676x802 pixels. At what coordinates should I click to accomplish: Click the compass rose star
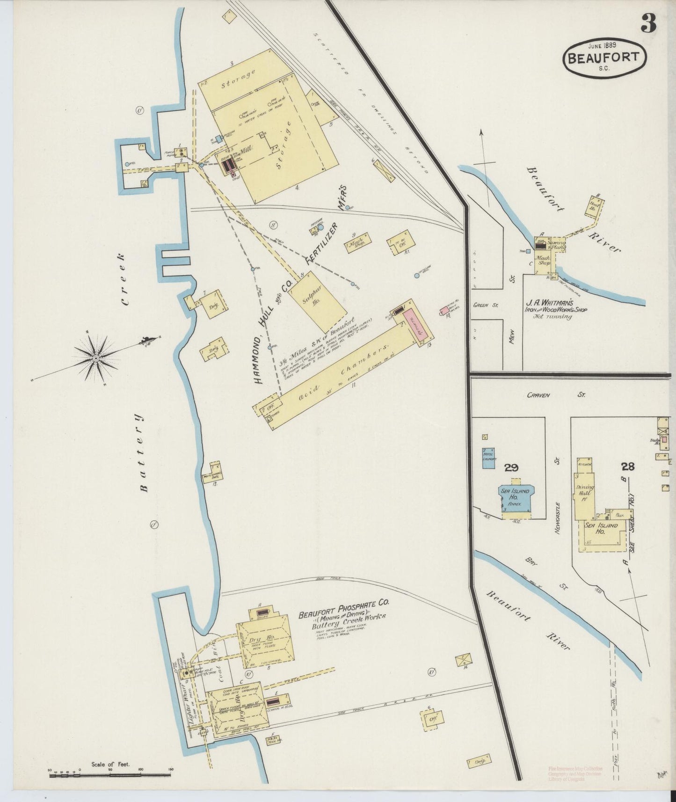coord(95,358)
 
